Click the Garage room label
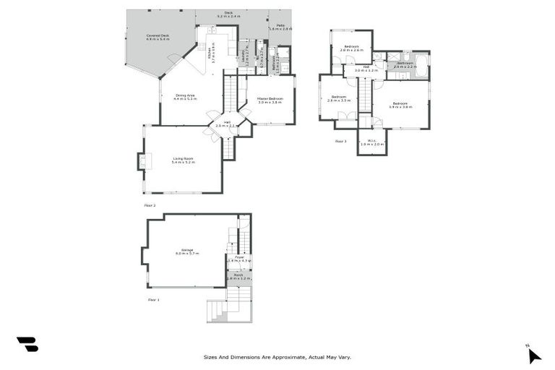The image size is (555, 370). point(184,251)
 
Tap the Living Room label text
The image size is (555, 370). point(184,160)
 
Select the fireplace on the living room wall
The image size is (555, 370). point(142,162)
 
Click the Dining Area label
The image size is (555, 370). point(186,96)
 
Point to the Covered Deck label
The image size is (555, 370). point(158,37)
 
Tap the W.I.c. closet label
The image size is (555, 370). point(372,142)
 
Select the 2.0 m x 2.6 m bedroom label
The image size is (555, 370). point(352,48)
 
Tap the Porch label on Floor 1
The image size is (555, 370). point(238,276)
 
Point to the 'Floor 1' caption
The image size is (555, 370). point(153,298)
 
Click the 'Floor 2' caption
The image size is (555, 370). point(150,205)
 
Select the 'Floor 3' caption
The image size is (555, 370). point(341,142)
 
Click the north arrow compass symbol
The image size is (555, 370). point(533,353)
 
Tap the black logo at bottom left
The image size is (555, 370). point(27,345)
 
